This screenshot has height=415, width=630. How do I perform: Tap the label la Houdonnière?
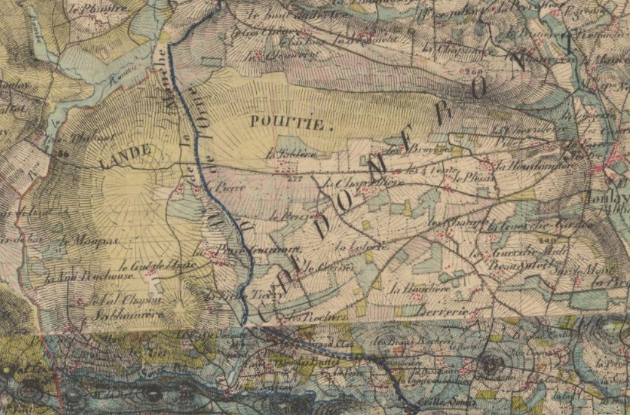[x=520, y=165]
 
